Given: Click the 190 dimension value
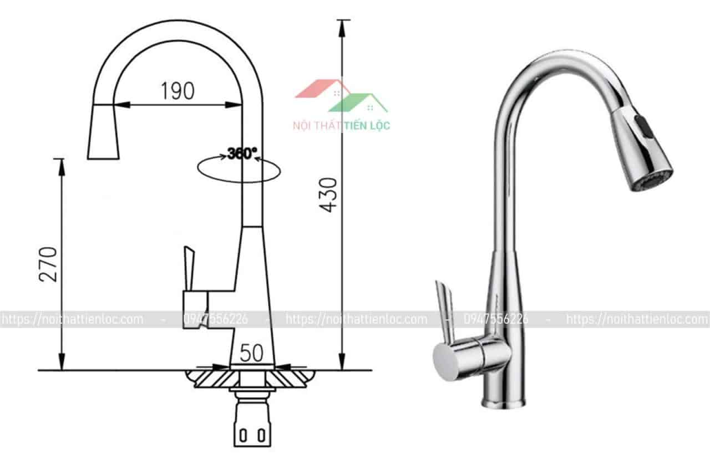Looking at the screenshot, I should tap(177, 91).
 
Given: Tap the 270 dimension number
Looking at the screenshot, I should tap(48, 264).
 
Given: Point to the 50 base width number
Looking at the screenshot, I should tap(251, 353).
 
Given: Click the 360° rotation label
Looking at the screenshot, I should tap(242, 154).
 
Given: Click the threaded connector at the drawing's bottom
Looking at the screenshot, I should tap(253, 427).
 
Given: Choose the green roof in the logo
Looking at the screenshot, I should tap(359, 103).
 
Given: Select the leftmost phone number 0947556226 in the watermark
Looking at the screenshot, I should tap(215, 319).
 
